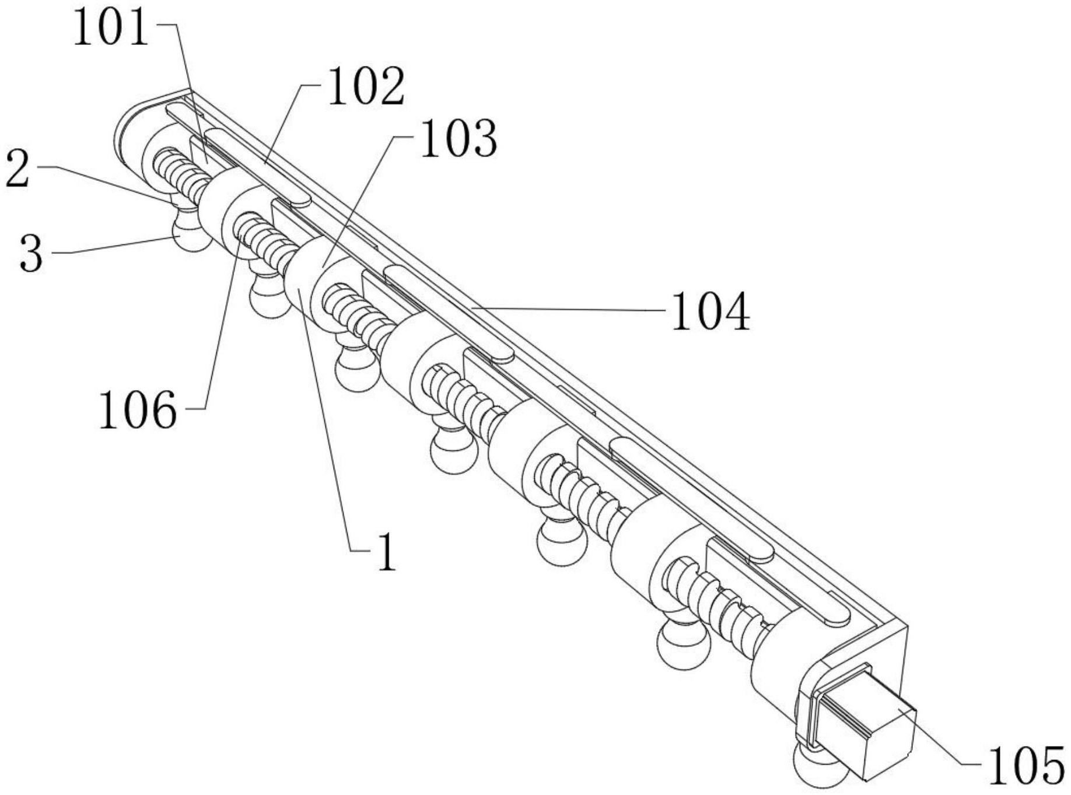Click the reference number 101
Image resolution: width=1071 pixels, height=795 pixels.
pyautogui.click(x=111, y=29)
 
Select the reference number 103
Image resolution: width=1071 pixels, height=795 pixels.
pyautogui.click(x=459, y=139)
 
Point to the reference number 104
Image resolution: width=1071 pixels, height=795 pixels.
pyautogui.click(x=710, y=313)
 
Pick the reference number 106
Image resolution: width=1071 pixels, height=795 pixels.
pyautogui.click(x=138, y=411)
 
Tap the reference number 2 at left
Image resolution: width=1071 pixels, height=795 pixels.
pyautogui.click(x=17, y=169)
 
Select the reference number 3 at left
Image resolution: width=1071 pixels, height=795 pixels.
pyautogui.click(x=31, y=253)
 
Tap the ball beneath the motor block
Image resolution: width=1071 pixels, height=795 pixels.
pyautogui.click(x=820, y=770)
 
